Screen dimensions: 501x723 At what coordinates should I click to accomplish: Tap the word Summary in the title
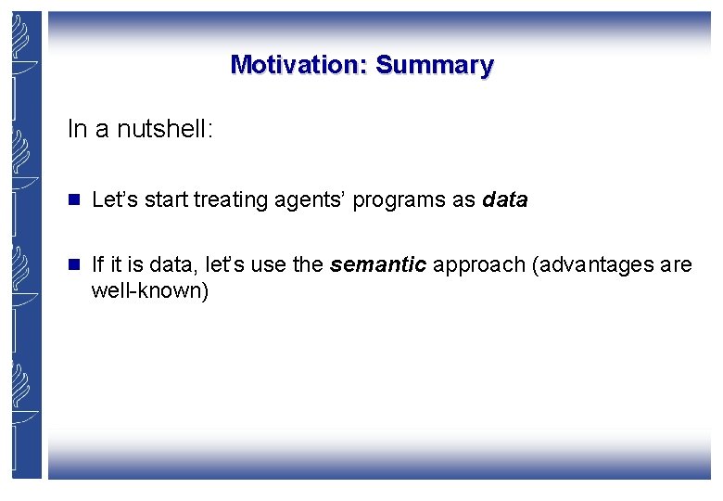tap(435, 65)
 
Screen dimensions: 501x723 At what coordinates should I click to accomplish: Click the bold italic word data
tap(505, 199)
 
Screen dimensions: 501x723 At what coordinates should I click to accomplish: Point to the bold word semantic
tap(378, 265)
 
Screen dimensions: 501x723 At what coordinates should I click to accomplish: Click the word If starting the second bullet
tap(97, 265)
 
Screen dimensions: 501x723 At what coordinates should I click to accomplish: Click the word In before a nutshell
tap(76, 129)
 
